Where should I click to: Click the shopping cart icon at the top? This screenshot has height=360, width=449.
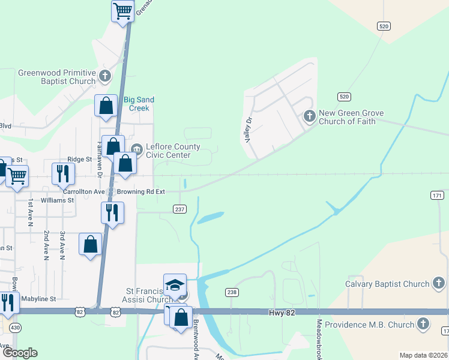click(x=123, y=11)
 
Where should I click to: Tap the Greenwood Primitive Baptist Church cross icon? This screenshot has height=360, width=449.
click(x=105, y=76)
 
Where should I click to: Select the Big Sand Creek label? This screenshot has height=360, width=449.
click(x=139, y=104)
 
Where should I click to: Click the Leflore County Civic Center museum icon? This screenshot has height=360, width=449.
click(x=136, y=148)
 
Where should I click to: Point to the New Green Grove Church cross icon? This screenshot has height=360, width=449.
click(x=310, y=116)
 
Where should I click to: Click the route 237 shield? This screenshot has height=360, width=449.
click(x=179, y=209)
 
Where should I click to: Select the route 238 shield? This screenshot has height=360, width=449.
click(x=232, y=292)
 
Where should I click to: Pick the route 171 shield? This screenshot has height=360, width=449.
click(x=437, y=196)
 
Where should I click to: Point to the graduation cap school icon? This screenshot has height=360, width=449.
click(x=175, y=284)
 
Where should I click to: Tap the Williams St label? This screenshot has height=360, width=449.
click(x=58, y=200)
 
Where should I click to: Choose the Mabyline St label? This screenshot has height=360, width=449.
click(x=38, y=298)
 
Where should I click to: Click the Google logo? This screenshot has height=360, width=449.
click(x=20, y=352)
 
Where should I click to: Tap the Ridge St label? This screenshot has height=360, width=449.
click(x=80, y=160)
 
